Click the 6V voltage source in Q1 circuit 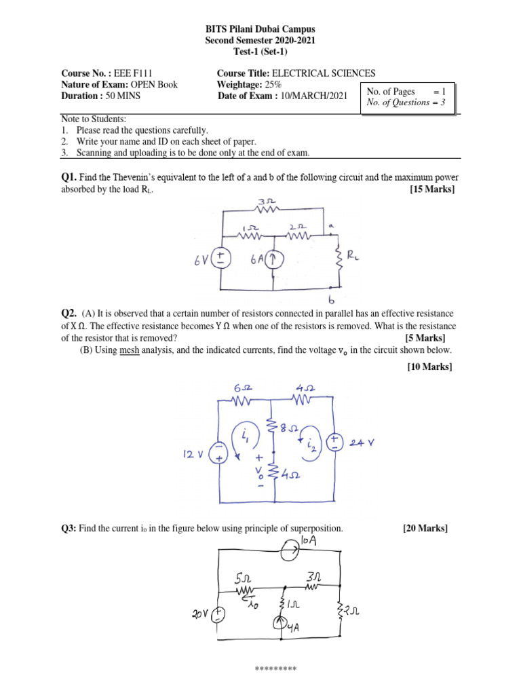221,258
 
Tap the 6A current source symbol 274,259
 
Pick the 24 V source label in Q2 366,443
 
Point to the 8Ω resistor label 290,428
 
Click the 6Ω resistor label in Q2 242,388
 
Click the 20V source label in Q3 199,614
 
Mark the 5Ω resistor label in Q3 244,579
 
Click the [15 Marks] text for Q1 432,189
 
